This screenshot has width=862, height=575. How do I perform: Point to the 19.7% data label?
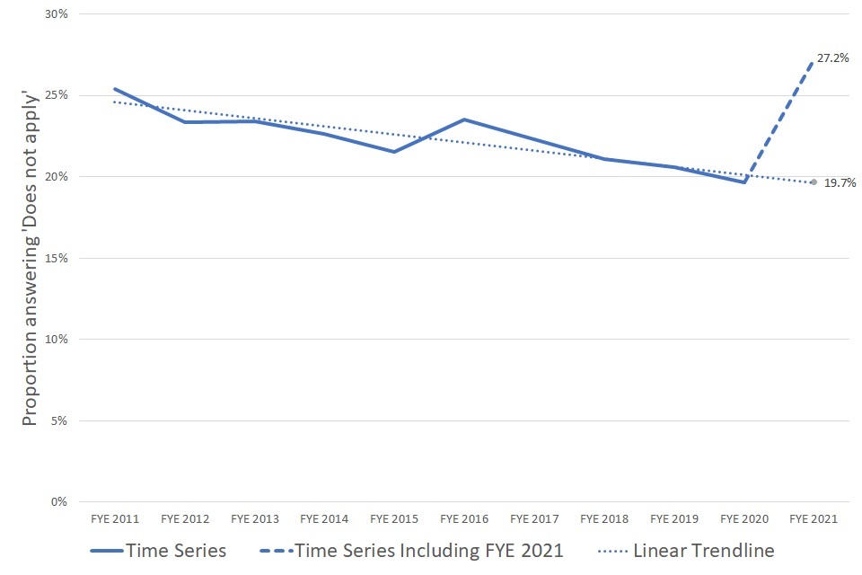pos(840,183)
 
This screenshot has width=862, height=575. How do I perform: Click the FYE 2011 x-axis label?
pos(115,519)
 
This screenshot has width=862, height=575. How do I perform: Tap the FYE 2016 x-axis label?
pos(464,519)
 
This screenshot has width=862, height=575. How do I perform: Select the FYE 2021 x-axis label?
pos(814,519)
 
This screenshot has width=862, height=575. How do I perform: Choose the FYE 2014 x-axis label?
pos(324,519)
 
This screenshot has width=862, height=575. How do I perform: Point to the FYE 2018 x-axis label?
pos(604,519)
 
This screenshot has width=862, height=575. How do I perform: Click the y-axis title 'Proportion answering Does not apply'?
pos(30,259)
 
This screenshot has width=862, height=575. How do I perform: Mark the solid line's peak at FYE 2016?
pos(464,119)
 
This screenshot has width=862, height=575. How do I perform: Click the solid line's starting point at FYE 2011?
pos(115,89)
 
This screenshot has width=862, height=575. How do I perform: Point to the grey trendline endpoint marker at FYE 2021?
pos(814,182)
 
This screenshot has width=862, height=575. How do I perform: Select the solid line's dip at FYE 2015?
pos(394,152)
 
